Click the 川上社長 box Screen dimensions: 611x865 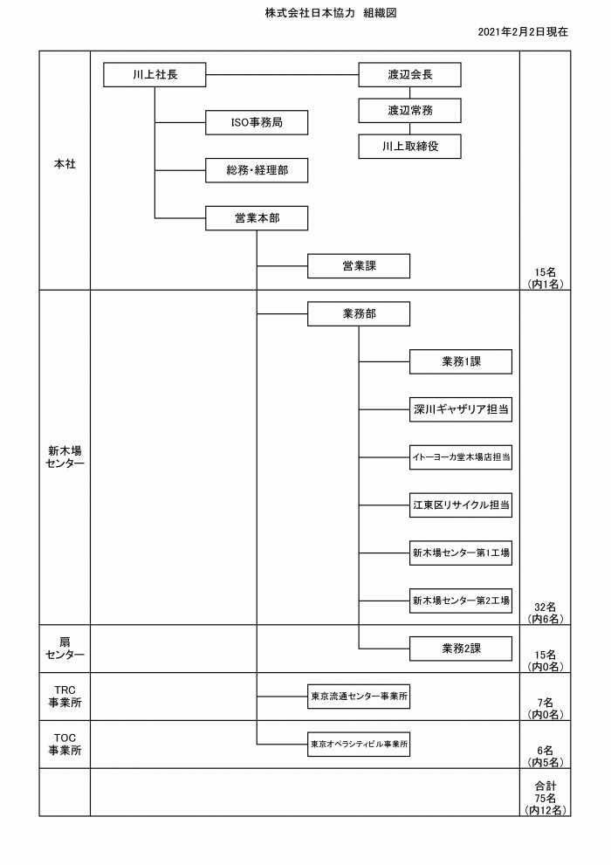pos(154,74)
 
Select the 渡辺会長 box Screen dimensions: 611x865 pos(409,74)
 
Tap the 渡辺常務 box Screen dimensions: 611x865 pos(409,110)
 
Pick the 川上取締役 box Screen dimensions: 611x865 pos(409,146)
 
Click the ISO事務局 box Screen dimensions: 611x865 pos(257,122)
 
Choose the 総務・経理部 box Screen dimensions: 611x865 pos(257,170)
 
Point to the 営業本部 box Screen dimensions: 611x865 pos(257,218)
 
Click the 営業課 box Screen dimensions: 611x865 pos(359,266)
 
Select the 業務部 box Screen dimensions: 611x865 pos(359,314)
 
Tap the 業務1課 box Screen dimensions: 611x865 pos(461,361)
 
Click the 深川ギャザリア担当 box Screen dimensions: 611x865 pos(461,409)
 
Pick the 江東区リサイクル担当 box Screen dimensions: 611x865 pos(461,505)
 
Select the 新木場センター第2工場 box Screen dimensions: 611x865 pos(461,601)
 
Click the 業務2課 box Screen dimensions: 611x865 pos(461,649)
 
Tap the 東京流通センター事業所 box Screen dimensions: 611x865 pos(359,697)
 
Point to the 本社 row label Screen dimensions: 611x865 pos(65,164)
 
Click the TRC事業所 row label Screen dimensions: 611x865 pos(65,697)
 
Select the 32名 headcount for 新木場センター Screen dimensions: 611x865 pos(545,607)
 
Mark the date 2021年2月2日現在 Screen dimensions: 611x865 pos(522,32)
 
